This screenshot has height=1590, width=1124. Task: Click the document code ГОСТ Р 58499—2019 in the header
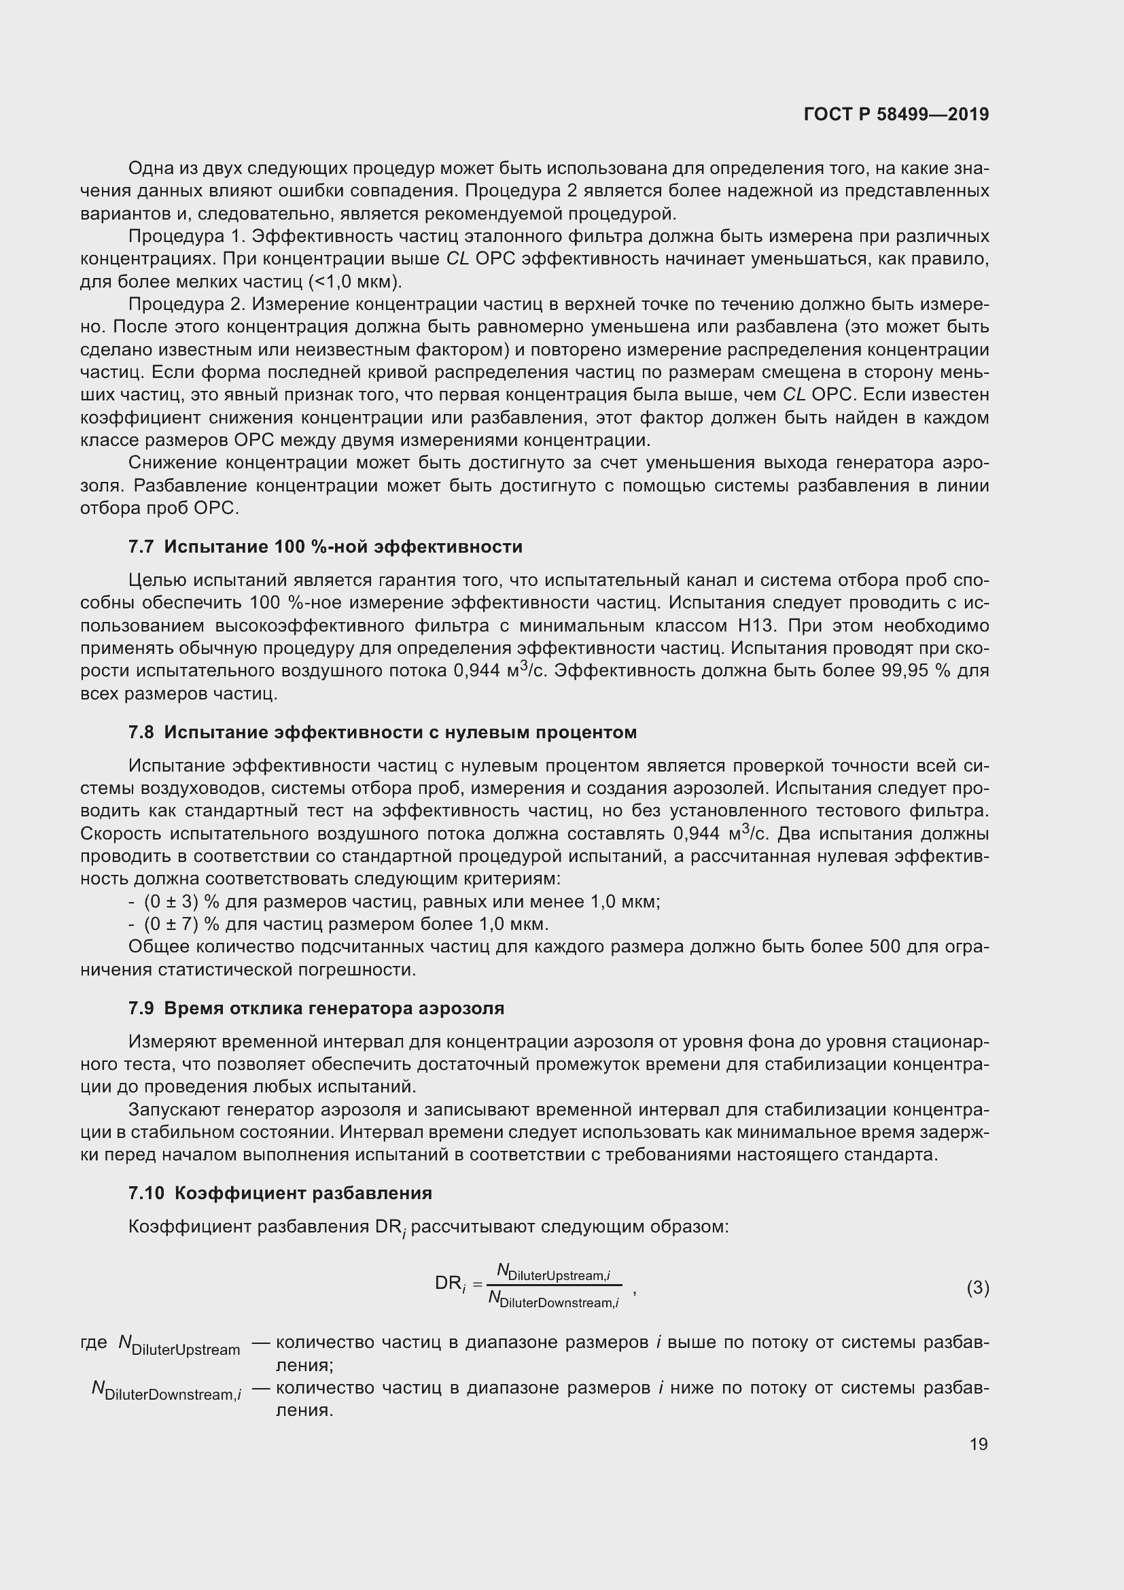pos(896,114)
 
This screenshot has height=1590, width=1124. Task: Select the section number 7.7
pos(141,547)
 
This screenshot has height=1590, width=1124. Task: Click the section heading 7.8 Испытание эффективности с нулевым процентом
pos(382,732)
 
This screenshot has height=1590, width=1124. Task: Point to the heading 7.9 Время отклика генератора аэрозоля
pos(315,1007)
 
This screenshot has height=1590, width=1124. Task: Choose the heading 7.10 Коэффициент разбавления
pos(279,1192)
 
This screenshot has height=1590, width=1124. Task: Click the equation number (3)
pos(977,1287)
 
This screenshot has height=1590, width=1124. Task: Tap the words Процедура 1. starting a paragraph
pos(186,236)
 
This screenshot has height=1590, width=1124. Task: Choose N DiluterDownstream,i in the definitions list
pos(166,1389)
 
